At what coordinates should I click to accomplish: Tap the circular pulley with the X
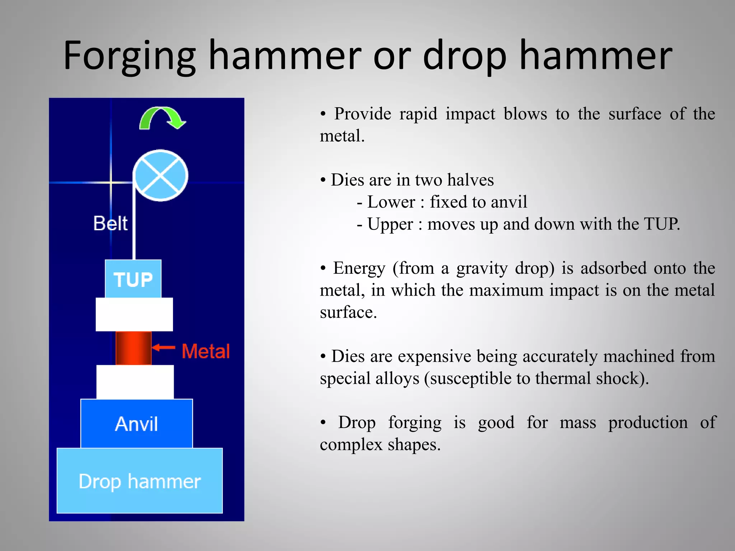point(160,175)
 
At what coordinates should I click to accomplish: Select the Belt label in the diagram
point(110,223)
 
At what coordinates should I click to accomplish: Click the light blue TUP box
point(133,279)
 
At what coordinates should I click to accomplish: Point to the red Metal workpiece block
point(133,348)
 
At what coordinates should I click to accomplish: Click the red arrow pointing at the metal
point(164,347)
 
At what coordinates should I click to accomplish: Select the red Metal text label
point(206,351)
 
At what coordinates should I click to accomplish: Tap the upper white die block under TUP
point(134,314)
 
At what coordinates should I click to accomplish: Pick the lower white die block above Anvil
point(135,382)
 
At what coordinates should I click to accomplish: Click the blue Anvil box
point(136,424)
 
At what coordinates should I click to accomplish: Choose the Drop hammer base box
point(140,481)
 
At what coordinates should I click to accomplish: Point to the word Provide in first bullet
point(362,114)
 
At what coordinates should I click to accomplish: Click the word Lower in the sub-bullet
point(391,202)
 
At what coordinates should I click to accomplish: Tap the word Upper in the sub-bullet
point(390,225)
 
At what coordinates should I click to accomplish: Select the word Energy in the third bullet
point(359,268)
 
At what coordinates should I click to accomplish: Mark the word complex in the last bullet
point(351,445)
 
